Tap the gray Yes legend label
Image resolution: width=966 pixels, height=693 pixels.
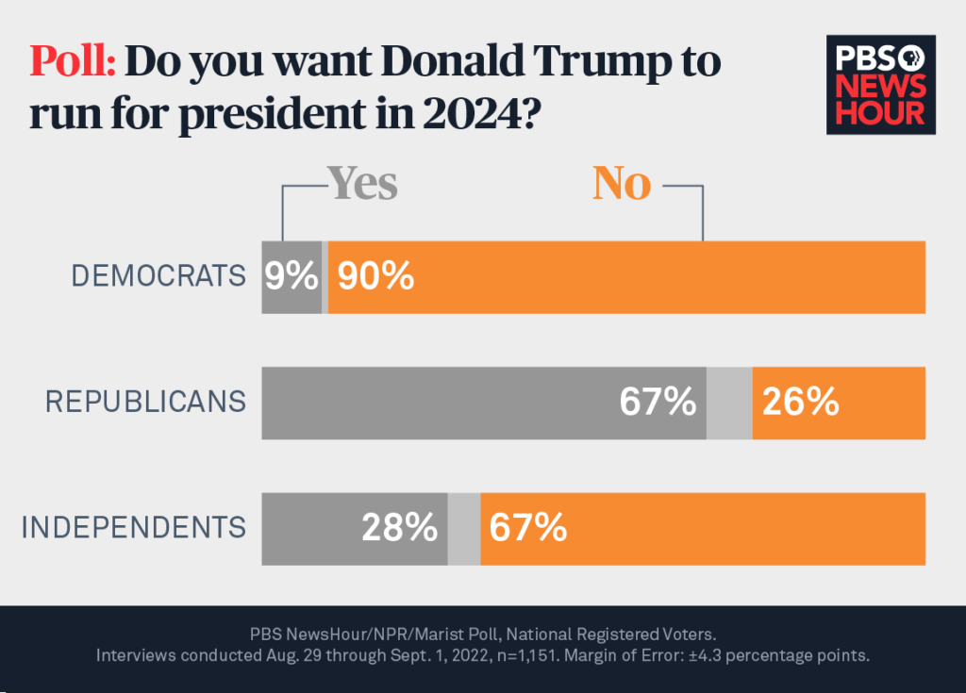(x=363, y=184)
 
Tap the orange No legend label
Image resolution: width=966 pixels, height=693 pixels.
(x=621, y=184)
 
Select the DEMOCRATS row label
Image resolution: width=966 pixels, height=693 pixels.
(x=158, y=277)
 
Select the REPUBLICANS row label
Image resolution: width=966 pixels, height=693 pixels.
(x=146, y=403)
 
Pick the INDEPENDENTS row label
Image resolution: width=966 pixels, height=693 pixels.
(x=133, y=528)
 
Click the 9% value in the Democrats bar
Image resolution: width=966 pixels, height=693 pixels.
(x=291, y=277)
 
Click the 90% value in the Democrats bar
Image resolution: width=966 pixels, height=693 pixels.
(x=375, y=277)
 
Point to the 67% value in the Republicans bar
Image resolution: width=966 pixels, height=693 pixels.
(x=658, y=403)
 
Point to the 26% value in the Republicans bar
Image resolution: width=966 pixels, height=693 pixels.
(x=800, y=403)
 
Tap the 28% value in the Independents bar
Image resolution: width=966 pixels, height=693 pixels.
(x=399, y=528)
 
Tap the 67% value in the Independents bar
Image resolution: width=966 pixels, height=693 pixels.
(x=528, y=528)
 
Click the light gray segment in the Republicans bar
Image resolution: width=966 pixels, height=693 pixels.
(x=729, y=403)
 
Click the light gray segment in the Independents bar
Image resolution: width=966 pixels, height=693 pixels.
(x=463, y=528)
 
